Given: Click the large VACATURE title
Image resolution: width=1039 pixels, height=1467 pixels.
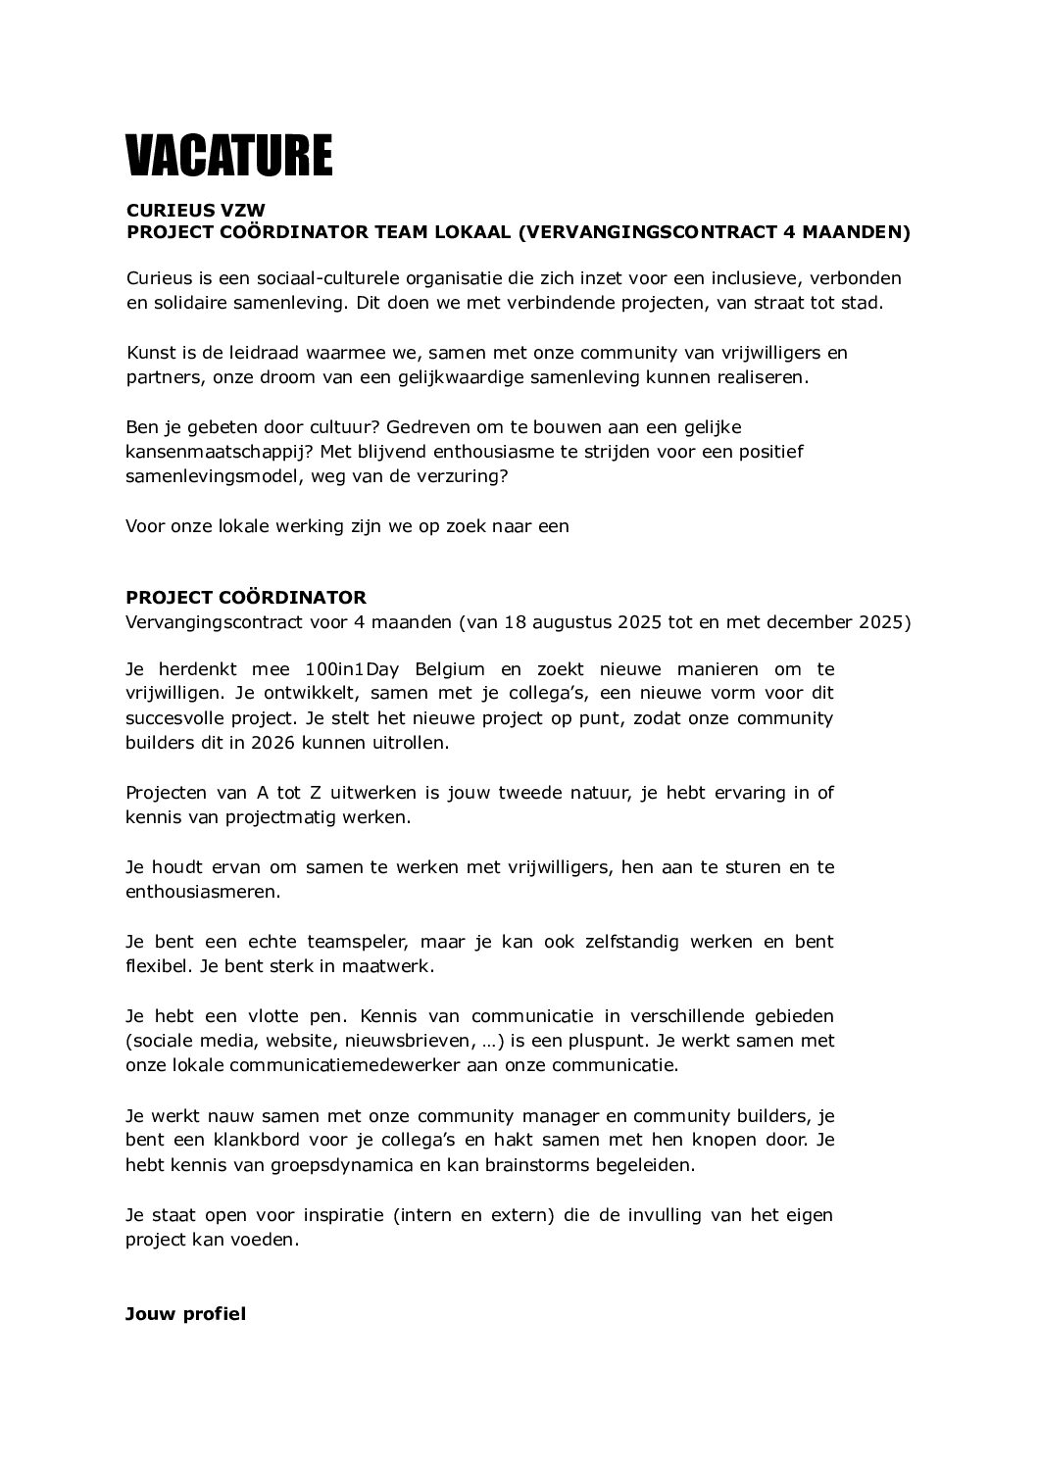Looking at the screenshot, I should (x=229, y=156).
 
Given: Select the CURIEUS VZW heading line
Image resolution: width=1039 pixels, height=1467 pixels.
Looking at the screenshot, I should (x=196, y=210).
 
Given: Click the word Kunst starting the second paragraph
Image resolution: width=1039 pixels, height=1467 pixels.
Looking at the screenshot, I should (x=148, y=353).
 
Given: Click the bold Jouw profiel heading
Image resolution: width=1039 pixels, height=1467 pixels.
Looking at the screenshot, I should (x=185, y=1313).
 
